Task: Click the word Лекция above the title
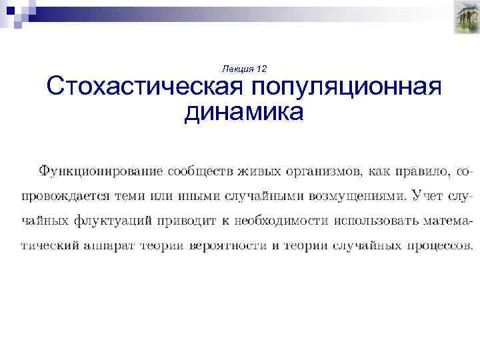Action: (236, 69)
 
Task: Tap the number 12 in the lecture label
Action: (261, 69)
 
